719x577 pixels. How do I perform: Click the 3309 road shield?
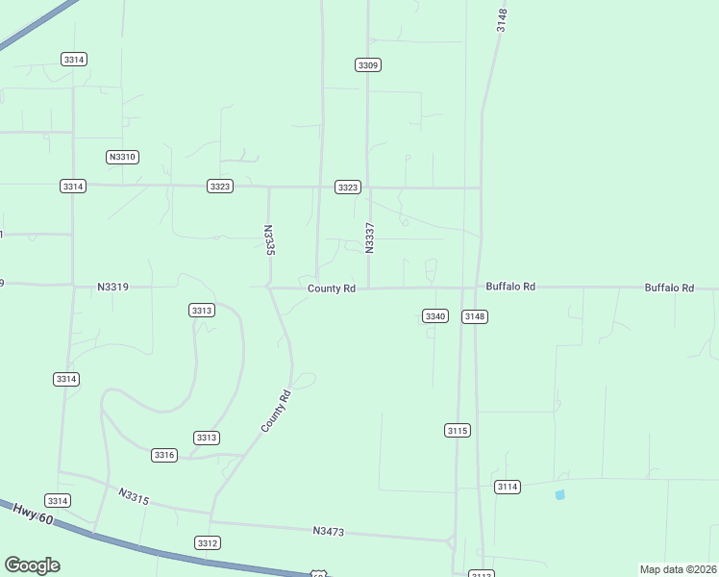click(368, 64)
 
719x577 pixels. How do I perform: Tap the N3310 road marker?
click(123, 157)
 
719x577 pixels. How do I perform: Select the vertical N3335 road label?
click(269, 240)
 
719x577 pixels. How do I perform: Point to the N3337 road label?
click(369, 238)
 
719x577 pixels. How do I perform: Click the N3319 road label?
click(113, 287)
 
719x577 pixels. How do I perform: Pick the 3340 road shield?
click(435, 315)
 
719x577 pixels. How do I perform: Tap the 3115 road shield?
click(458, 430)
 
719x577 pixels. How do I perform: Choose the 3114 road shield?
click(508, 487)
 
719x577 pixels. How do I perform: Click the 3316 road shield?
click(164, 455)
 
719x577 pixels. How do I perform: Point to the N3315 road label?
click(135, 496)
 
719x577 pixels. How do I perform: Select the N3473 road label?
click(329, 531)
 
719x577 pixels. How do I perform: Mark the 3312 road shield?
click(208, 543)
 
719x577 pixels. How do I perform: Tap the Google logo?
click(32, 565)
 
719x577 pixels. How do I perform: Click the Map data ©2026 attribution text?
click(678, 569)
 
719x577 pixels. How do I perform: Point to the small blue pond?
click(559, 495)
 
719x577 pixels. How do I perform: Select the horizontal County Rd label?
click(332, 288)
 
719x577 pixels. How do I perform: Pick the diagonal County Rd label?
click(275, 410)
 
